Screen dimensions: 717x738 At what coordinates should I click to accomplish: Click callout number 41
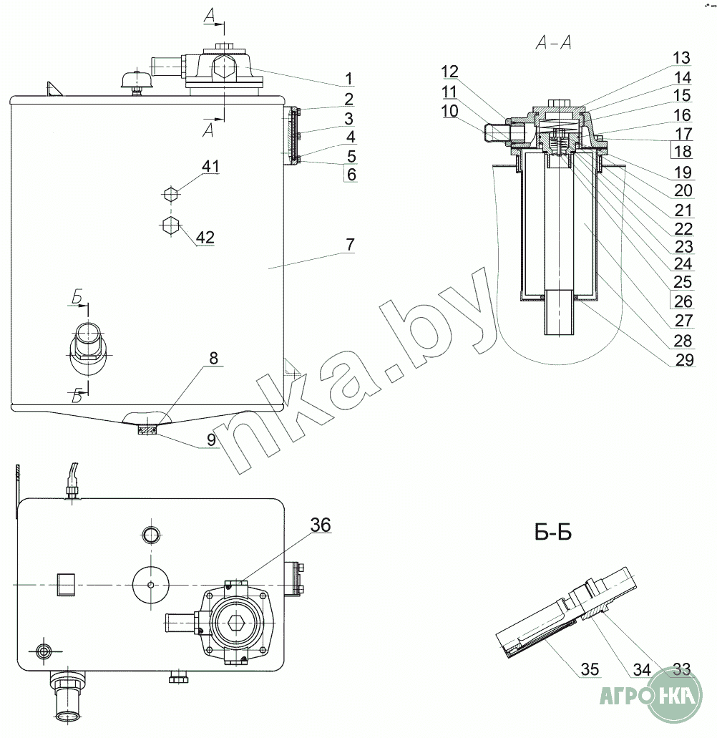210,166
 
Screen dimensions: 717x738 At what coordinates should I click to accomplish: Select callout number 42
205,237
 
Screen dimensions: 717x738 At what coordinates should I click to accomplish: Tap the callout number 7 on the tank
350,245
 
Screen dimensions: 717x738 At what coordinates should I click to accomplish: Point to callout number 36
321,525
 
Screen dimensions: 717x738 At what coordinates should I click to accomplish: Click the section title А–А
554,43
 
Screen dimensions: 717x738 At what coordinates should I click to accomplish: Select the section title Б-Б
553,533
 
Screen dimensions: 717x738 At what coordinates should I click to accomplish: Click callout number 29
685,360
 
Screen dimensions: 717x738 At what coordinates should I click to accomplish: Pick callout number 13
681,59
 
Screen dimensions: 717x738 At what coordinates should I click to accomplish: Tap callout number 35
590,669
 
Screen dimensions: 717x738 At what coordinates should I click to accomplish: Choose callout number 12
450,72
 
